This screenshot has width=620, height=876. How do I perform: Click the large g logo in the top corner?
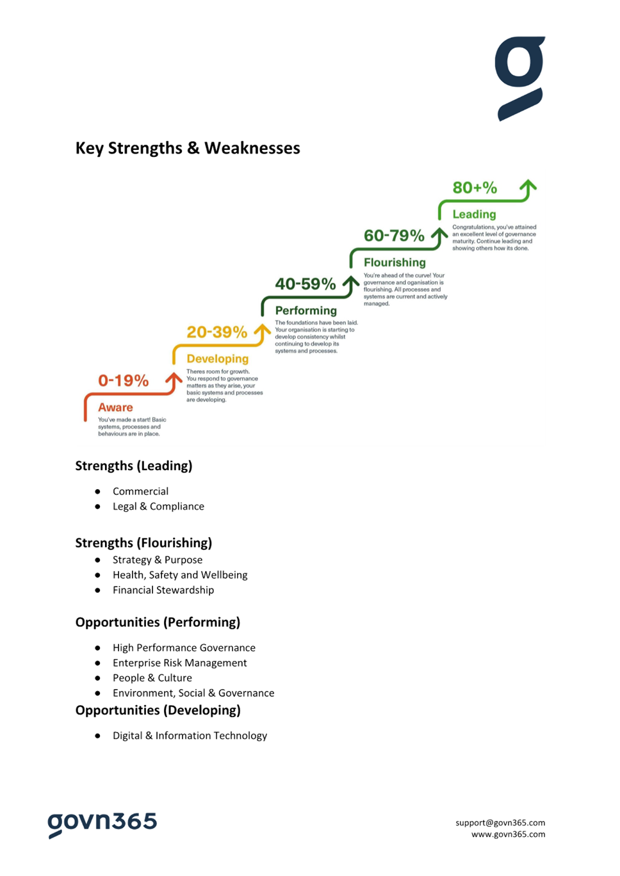pos(519,78)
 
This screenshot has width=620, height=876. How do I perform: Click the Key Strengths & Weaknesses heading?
pos(188,148)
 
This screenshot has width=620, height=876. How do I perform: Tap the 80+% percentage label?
pos(475,188)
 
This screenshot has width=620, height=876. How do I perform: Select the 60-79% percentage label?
pos(394,236)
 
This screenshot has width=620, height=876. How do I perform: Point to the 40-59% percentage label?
pos(306,284)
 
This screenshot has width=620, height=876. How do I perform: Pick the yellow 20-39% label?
pos(216,332)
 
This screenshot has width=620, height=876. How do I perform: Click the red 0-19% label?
pos(123,380)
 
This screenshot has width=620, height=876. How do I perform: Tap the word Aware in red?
pos(115,407)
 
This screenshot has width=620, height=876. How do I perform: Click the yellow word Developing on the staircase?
pos(218,359)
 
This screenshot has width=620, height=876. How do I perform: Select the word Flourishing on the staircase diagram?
pos(395,263)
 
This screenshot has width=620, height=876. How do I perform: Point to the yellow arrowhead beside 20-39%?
pos(262,329)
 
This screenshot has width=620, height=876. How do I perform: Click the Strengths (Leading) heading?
pos(134,466)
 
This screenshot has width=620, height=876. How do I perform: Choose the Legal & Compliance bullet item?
pos(158,507)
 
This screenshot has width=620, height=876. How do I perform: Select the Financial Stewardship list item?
pos(163,590)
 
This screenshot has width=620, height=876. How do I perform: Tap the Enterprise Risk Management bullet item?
pos(179,663)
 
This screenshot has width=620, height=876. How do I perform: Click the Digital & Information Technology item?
pos(190,736)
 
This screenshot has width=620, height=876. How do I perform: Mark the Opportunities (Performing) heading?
pos(158,622)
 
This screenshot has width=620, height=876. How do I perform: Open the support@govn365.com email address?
pos(500,823)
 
